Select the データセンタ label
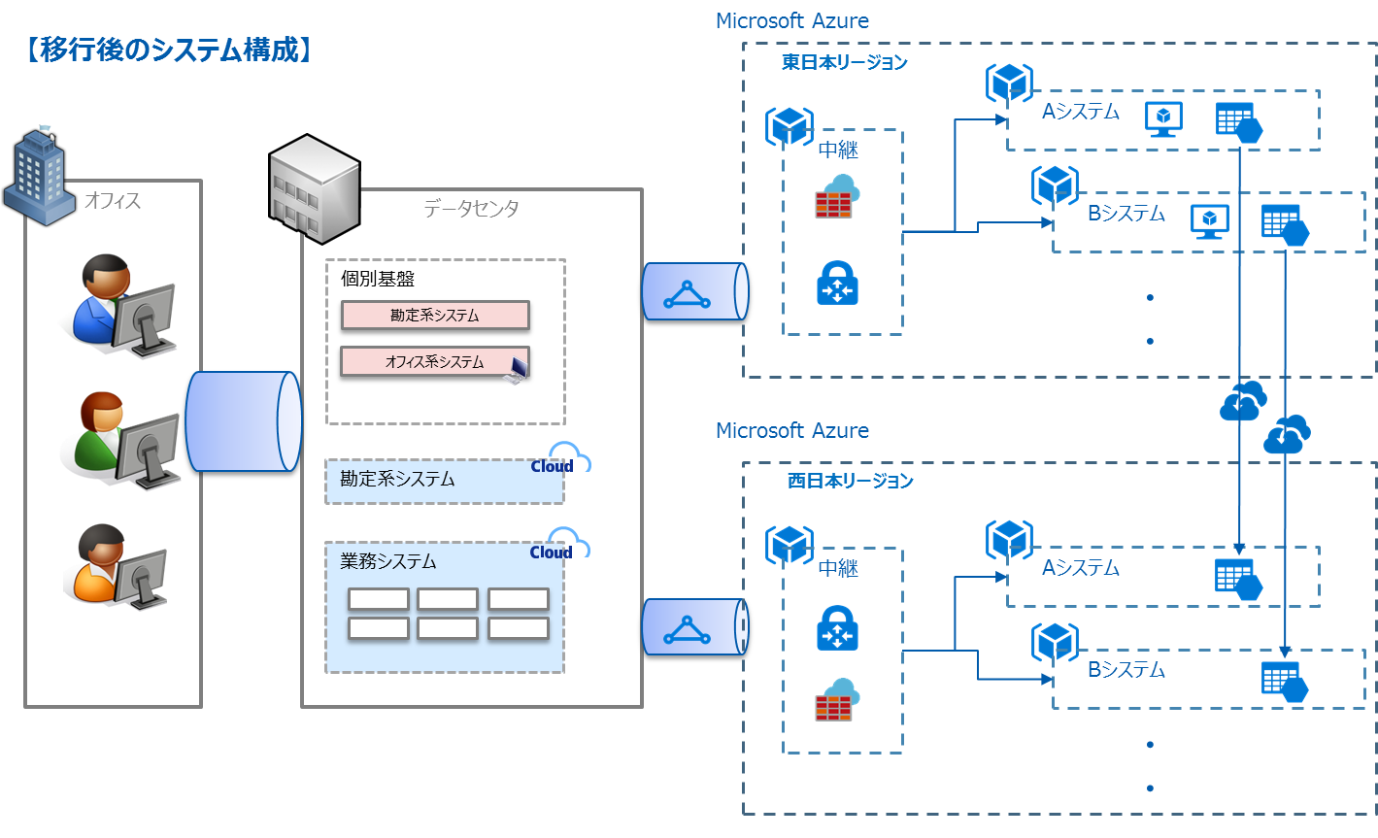click(x=471, y=208)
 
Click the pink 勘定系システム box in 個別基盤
click(x=435, y=315)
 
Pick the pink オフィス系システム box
click(x=434, y=361)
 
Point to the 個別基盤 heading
click(x=378, y=279)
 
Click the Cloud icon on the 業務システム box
click(x=568, y=544)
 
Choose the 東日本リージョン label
click(x=845, y=63)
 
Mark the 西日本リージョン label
click(x=851, y=481)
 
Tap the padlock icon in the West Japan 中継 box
click(x=837, y=628)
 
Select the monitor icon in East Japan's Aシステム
click(x=1163, y=118)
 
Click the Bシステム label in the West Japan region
click(x=1126, y=670)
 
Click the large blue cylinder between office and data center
click(x=243, y=421)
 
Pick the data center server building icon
click(x=313, y=187)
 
